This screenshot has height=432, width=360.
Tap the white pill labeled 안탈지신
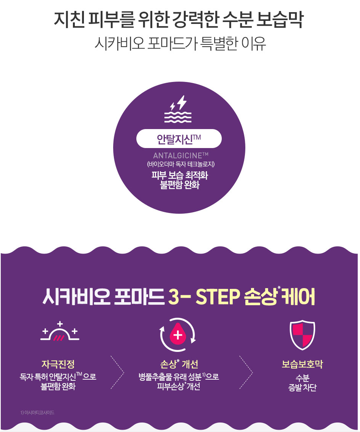click(x=179, y=139)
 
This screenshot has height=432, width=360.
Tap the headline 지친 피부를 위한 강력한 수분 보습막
click(x=179, y=20)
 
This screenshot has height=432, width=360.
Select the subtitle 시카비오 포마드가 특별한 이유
click(x=180, y=44)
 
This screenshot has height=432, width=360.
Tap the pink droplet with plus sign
click(x=177, y=335)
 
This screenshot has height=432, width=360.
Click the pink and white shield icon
click(x=302, y=335)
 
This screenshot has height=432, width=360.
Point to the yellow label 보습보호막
click(x=302, y=364)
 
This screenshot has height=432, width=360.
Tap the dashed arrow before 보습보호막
click(x=246, y=372)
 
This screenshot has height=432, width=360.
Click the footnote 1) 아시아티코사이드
click(x=37, y=412)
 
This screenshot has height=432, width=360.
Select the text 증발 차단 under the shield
click(x=302, y=388)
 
